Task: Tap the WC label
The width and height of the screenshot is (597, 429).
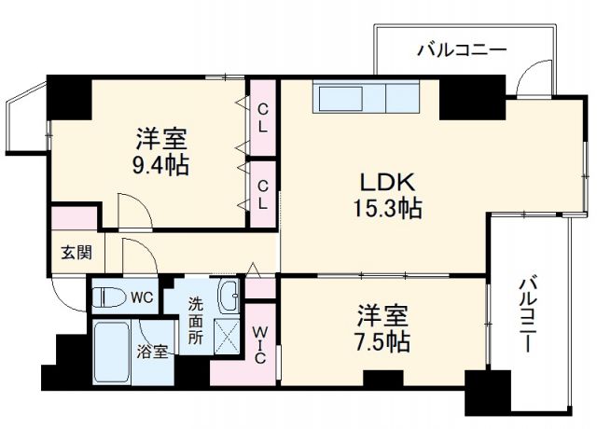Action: [x=142, y=298]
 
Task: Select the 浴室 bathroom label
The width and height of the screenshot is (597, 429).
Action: [x=152, y=352]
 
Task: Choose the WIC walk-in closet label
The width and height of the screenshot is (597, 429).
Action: [x=260, y=345]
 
